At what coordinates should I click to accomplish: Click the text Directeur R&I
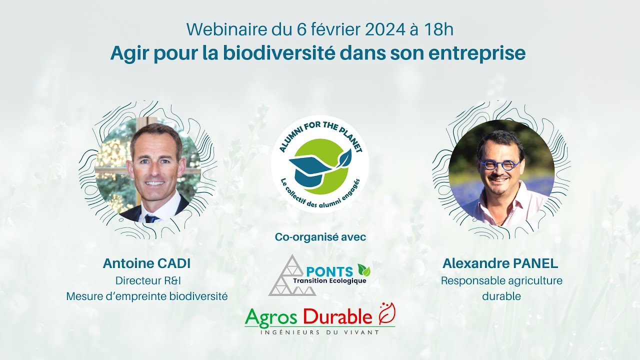(x=146, y=280)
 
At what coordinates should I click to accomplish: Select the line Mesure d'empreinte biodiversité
(x=146, y=296)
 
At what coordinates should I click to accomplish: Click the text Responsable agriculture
(x=501, y=280)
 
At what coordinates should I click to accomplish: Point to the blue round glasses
(x=499, y=164)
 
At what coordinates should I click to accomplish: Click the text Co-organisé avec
(x=320, y=237)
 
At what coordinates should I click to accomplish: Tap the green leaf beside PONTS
(x=364, y=270)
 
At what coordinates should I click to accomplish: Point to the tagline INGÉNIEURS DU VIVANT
(x=319, y=332)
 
